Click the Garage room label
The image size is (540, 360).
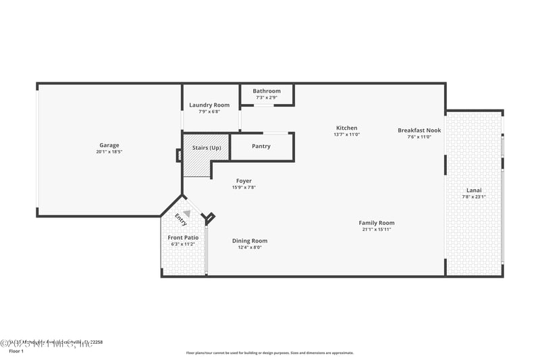click(109, 145)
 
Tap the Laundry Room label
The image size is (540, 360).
click(209, 105)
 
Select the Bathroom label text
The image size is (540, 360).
click(267, 91)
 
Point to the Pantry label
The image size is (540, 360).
click(261, 146)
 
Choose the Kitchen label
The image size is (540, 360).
click(347, 128)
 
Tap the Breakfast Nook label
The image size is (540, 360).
click(419, 130)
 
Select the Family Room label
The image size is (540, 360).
click(377, 223)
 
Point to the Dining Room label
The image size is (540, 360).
click(250, 241)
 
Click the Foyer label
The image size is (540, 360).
click(244, 181)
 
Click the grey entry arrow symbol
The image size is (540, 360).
click(187, 213)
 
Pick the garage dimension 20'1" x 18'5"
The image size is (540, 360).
click(109, 152)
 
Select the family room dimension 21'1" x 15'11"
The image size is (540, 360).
click(377, 230)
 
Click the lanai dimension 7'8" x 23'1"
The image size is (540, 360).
click(474, 197)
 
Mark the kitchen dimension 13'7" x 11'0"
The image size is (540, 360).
click(347, 134)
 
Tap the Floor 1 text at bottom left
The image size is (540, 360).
click(16, 351)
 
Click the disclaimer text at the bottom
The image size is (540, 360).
click(270, 353)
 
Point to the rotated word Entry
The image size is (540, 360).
click(181, 220)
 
